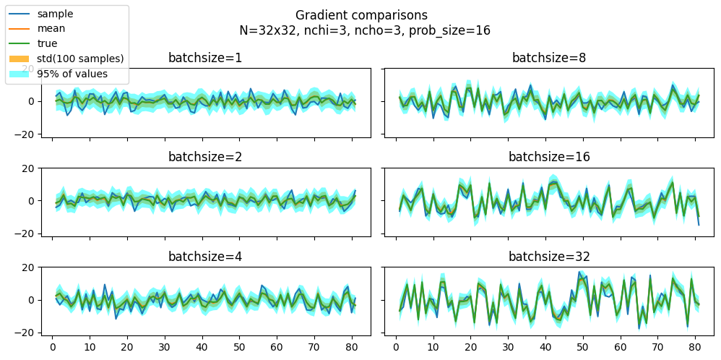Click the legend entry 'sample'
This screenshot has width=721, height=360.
pos(55,14)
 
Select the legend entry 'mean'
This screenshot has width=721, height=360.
pos(51,29)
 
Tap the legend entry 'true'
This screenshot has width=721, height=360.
pos(47,43)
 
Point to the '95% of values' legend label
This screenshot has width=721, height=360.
pos(72,74)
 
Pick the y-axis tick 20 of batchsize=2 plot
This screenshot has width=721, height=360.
pos(30,168)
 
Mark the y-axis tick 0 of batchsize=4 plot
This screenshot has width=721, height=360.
pos(33,300)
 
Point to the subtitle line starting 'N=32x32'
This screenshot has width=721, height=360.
pos(365,30)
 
